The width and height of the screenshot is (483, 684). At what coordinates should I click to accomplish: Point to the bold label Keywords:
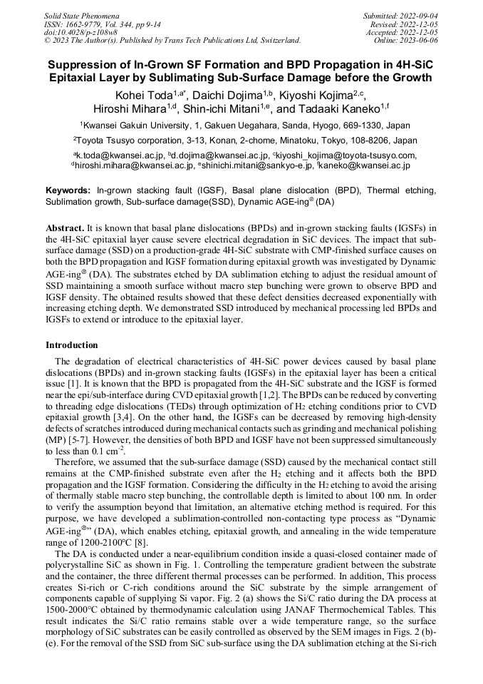68,191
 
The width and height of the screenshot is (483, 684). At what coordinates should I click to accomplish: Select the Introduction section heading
71,345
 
